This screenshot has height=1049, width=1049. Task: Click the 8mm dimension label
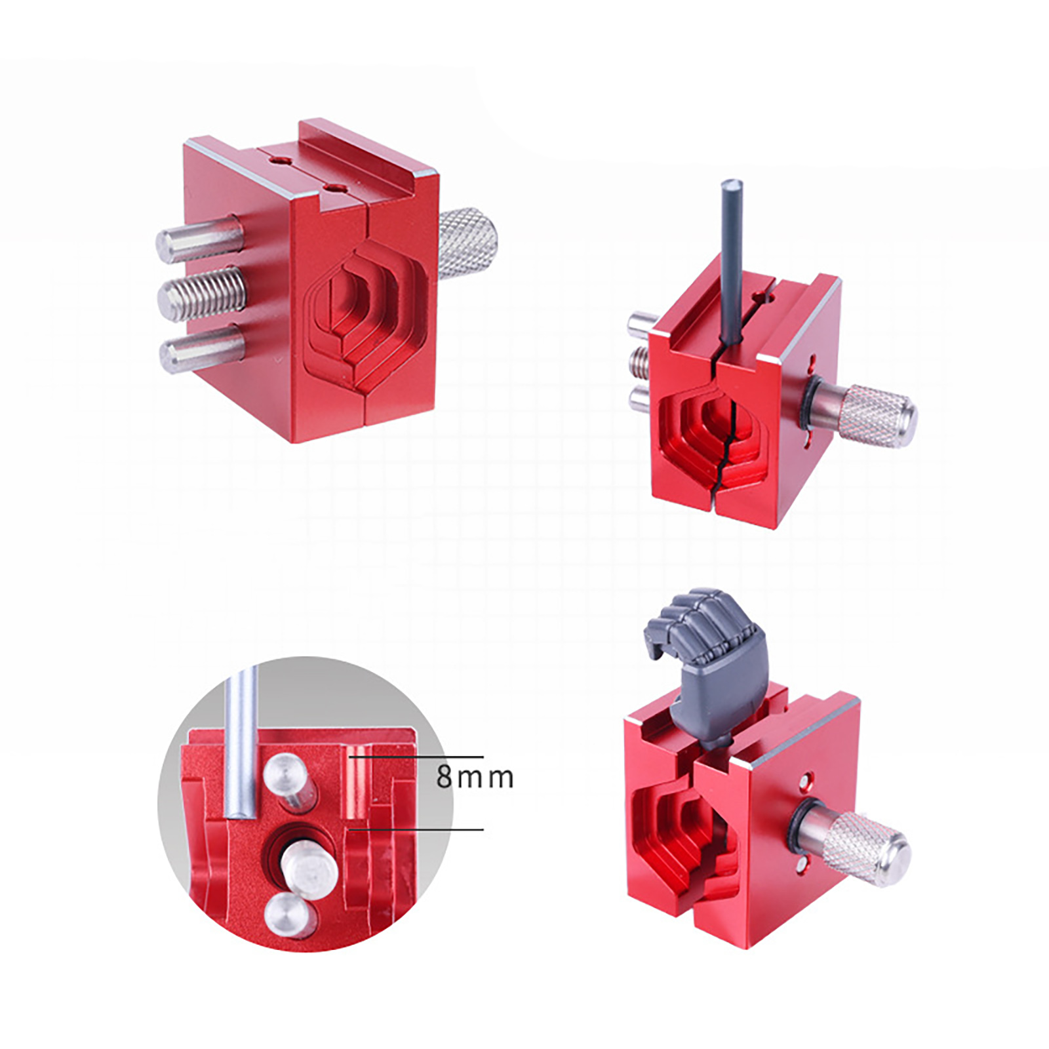coord(475,777)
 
